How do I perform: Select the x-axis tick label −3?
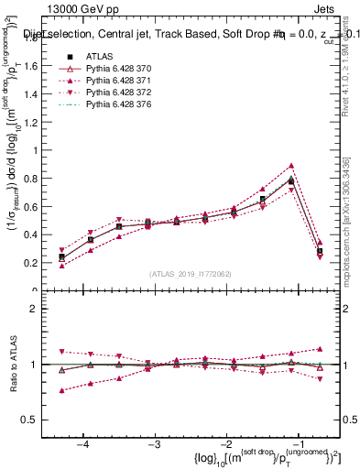[155, 443]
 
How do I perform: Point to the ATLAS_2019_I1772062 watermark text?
[191, 273]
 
